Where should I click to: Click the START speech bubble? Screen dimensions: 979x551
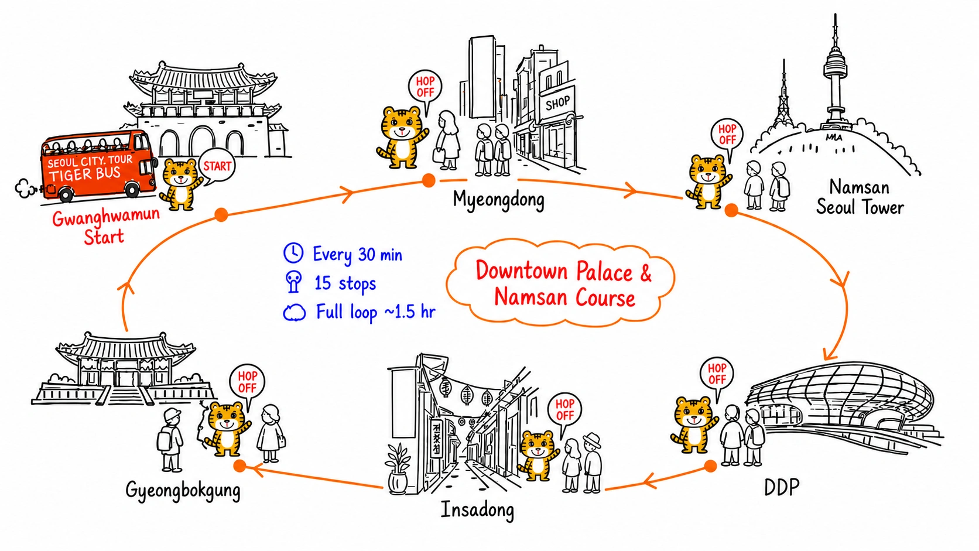coord(217,167)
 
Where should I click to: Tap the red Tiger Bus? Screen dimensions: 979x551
coord(99,166)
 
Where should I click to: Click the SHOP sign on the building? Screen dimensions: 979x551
coord(557,103)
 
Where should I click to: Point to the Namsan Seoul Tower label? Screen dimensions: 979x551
coord(860,197)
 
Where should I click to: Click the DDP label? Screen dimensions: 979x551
coord(782,487)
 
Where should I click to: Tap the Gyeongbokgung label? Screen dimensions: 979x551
coord(183,491)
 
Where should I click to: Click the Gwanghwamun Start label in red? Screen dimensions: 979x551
coord(106,227)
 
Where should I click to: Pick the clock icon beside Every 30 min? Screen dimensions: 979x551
coord(293,252)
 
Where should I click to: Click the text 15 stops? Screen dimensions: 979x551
coord(345,283)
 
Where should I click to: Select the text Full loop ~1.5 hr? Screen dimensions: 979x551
coord(375,312)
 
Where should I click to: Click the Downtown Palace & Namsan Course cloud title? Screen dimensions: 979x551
coord(563,284)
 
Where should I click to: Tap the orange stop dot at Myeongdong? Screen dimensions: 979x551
coord(429,180)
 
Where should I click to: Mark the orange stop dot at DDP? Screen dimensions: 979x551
coord(711,466)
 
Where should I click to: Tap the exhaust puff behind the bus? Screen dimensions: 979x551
coord(26,189)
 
